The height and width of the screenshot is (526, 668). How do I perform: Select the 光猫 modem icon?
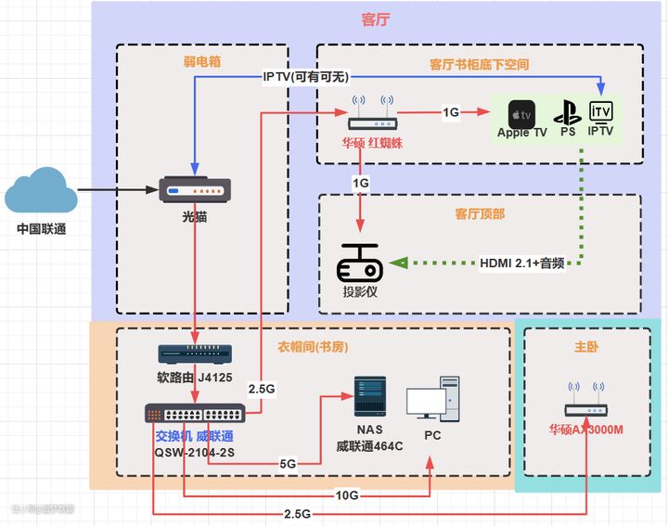point(195,191)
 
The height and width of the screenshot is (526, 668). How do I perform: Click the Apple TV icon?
point(521,114)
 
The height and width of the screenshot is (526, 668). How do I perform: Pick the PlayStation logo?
point(567,114)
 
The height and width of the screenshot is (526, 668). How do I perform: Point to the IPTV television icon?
point(602,112)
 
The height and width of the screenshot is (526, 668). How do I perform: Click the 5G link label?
point(289,463)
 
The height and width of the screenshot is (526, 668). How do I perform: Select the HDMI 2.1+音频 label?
point(522,263)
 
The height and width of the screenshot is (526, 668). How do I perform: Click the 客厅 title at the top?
point(374,19)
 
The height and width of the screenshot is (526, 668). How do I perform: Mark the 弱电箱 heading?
point(201,63)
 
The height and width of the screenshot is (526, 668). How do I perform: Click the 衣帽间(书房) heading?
point(314,347)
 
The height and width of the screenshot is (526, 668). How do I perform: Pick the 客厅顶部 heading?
point(480,214)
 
